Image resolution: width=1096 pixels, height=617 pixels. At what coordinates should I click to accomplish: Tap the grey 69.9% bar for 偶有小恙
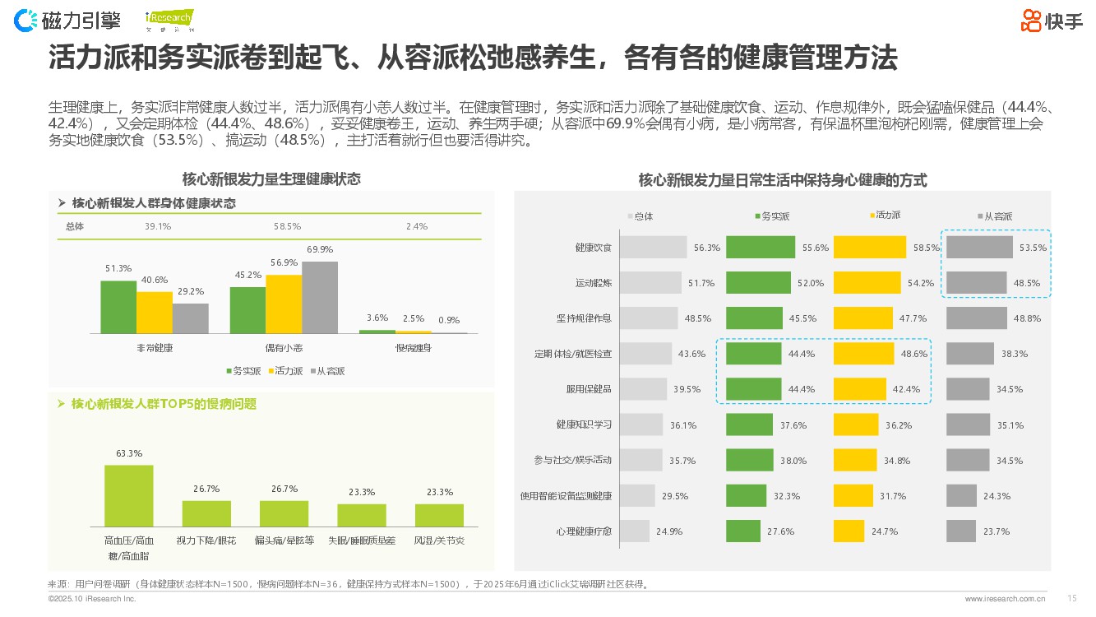click(x=320, y=297)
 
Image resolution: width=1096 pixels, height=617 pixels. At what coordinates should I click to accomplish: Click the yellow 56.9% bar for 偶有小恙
click(x=284, y=304)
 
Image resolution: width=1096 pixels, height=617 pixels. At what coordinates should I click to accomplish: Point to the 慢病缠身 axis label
click(x=413, y=348)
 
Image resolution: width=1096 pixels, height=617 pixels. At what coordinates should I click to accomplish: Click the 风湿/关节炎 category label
click(x=439, y=540)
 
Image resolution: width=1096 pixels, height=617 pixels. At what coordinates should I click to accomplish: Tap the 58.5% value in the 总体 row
click(x=287, y=226)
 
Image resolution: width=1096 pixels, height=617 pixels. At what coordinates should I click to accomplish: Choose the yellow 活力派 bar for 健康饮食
click(x=871, y=247)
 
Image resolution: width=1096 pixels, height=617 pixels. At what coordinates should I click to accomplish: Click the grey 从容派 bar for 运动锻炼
click(x=976, y=282)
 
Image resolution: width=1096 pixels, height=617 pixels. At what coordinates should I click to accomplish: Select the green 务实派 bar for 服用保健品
click(x=753, y=388)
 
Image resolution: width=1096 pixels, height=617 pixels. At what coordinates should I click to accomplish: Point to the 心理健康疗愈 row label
click(x=584, y=531)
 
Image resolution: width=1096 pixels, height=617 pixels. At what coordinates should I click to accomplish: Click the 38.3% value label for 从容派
click(x=1014, y=354)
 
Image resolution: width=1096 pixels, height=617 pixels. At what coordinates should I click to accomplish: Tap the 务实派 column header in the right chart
click(x=772, y=216)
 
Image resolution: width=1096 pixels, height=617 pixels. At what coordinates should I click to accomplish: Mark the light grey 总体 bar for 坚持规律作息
click(x=648, y=318)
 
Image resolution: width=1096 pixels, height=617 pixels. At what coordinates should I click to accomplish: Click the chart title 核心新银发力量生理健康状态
click(x=271, y=179)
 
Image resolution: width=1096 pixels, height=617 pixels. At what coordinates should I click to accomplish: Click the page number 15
click(x=1071, y=598)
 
